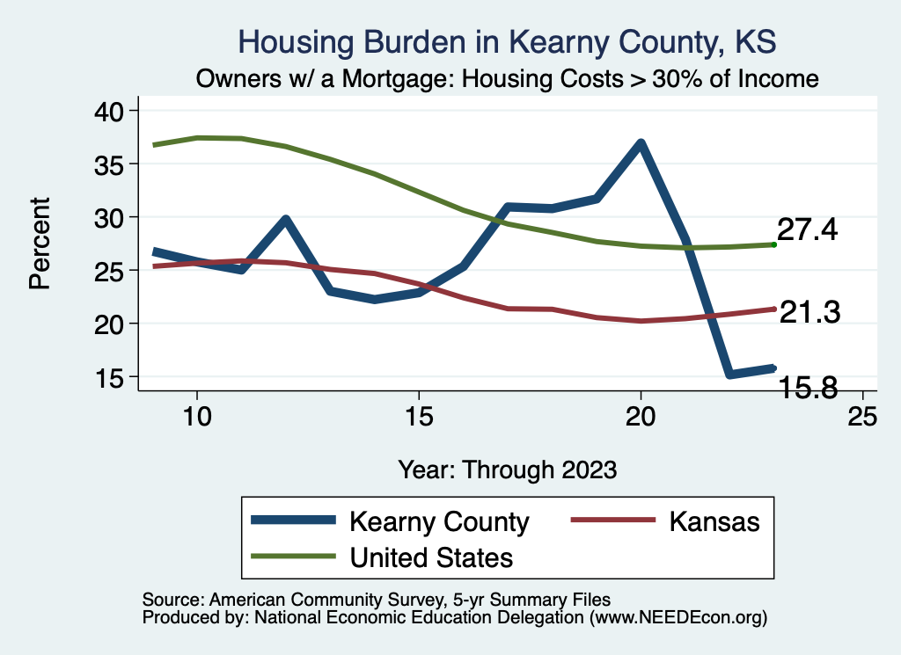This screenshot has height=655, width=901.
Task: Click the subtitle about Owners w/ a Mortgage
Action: (508, 78)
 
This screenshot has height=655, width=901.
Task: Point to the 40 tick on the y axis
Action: (114, 111)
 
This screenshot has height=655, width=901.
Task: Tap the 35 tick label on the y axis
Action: (114, 164)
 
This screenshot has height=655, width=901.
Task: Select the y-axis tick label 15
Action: (114, 377)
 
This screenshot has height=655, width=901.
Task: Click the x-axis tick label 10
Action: (196, 417)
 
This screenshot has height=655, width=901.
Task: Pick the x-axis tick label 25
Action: (862, 417)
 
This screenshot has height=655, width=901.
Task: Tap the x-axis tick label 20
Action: (641, 417)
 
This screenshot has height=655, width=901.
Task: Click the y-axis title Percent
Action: (39, 244)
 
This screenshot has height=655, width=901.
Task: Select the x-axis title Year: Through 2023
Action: (508, 469)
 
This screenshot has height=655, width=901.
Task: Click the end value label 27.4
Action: (807, 231)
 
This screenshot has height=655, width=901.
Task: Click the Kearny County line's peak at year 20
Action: (641, 143)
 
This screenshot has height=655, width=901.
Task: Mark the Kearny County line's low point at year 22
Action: (729, 375)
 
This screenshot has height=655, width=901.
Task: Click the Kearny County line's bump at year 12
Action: (285, 220)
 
